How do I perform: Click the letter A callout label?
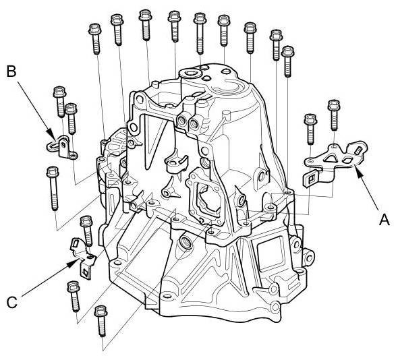coord(384,220)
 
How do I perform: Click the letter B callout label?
coord(11,71)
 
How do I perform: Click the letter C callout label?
coord(12,303)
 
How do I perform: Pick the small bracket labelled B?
coord(62,148)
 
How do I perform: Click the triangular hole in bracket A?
coord(331,158)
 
